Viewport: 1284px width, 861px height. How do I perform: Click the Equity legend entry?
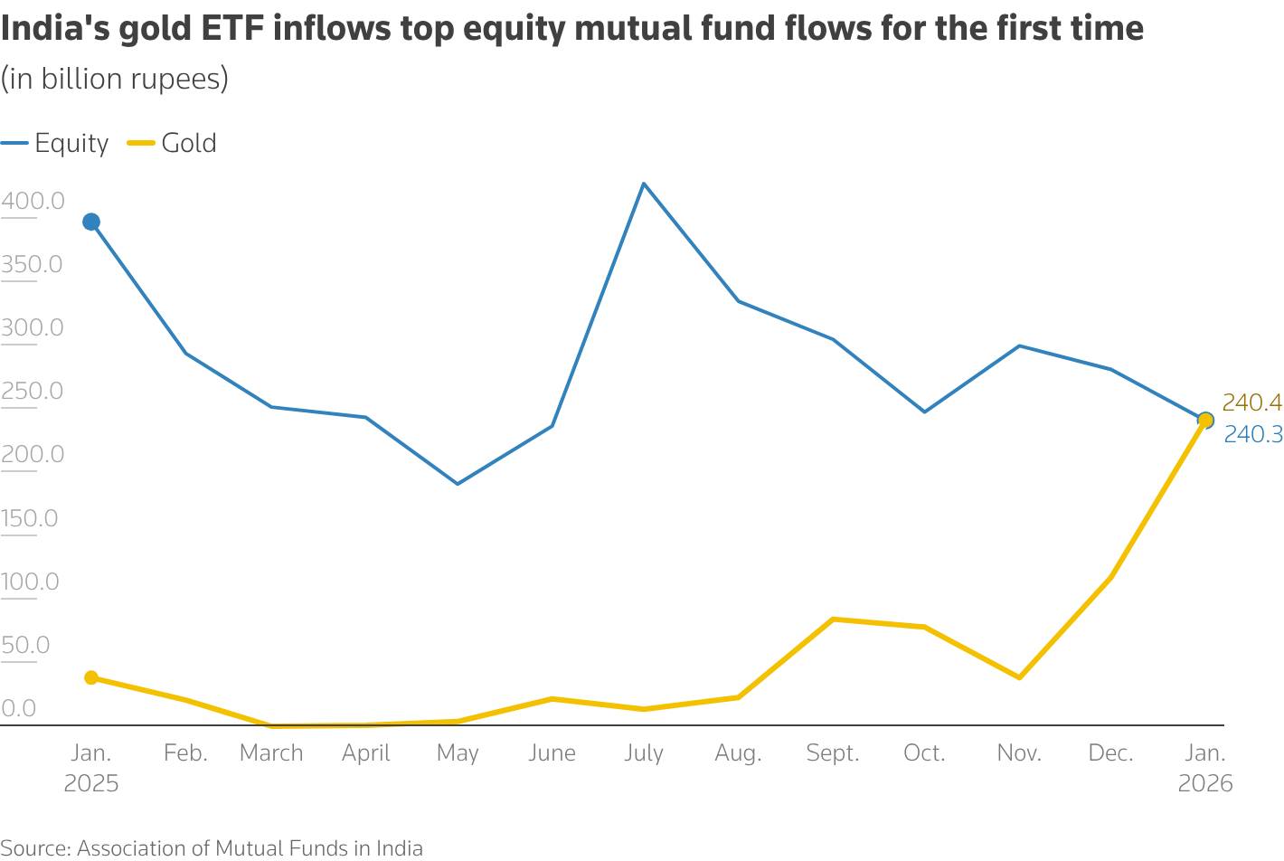[x=56, y=143]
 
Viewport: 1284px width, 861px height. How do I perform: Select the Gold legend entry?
[x=173, y=143]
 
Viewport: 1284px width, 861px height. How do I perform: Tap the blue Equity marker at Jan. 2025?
[x=91, y=222]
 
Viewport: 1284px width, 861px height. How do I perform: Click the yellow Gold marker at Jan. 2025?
[x=91, y=677]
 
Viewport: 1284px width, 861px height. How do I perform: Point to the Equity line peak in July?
[x=644, y=184]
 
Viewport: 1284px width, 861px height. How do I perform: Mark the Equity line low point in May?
[x=458, y=484]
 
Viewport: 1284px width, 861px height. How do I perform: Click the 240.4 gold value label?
[x=1251, y=402]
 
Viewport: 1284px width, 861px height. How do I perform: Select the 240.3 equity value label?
[x=1252, y=435]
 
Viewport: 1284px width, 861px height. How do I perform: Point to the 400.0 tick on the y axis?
[x=33, y=201]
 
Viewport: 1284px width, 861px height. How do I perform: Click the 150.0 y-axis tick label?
[x=29, y=518]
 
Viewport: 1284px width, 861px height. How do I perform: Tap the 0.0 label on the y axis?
[x=18, y=708]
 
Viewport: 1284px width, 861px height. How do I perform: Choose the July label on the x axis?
[x=644, y=752]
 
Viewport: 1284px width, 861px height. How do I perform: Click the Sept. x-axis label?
[x=833, y=752]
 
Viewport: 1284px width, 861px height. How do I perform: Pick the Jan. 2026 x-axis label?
[x=1205, y=767]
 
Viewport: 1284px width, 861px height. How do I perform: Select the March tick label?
[x=271, y=752]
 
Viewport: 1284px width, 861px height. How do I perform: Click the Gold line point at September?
[x=833, y=620]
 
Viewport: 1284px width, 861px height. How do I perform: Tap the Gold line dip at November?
[x=1020, y=677]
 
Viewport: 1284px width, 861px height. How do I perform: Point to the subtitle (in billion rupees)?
[x=115, y=80]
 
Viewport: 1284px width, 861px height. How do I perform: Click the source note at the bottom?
[x=212, y=848]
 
